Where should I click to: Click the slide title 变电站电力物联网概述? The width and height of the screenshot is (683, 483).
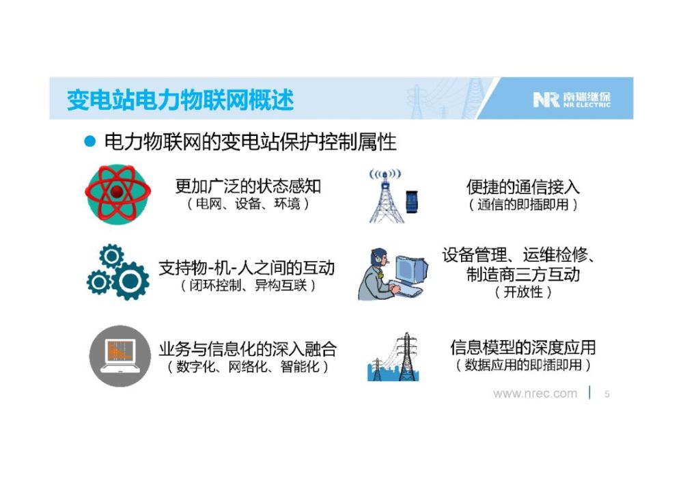pos(180,100)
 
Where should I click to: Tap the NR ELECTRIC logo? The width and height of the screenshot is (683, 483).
pos(572,100)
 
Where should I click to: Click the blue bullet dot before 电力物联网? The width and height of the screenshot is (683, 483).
pos(89,141)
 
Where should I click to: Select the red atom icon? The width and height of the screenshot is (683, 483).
pos(117,193)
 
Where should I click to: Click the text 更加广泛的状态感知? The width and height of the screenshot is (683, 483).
pos(249,187)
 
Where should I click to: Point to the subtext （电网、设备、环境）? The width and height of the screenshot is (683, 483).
pos(249,204)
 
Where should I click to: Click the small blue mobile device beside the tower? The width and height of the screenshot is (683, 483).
pos(412,202)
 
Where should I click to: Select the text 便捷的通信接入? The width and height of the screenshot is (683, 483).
pos(522,187)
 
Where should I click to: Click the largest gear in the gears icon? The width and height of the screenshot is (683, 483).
pos(130,281)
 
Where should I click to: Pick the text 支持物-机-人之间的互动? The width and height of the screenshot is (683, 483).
pos(247,268)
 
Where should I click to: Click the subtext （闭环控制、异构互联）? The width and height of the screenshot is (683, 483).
pos(249,286)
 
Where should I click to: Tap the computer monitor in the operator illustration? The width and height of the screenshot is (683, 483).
pos(411,269)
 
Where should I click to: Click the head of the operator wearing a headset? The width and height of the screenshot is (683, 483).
pos(379,258)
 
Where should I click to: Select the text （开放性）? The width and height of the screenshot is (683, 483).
pos(523,292)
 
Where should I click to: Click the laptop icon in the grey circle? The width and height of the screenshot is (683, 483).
pos(120,356)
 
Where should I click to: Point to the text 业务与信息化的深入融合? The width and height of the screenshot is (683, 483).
pos(248,349)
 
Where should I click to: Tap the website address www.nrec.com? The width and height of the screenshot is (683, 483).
pos(535,394)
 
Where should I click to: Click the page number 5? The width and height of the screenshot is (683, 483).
pos(607,394)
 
